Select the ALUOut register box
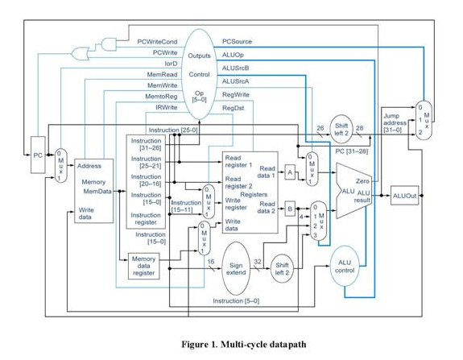(x=403, y=195)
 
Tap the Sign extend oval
(x=235, y=269)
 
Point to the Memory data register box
(x=144, y=265)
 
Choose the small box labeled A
(x=290, y=173)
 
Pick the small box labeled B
(x=290, y=209)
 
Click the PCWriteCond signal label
(x=157, y=41)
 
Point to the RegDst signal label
(x=233, y=107)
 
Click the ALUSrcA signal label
(x=235, y=81)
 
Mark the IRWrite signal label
(x=166, y=107)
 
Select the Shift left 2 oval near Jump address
(x=341, y=130)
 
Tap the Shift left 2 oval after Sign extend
(x=282, y=268)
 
